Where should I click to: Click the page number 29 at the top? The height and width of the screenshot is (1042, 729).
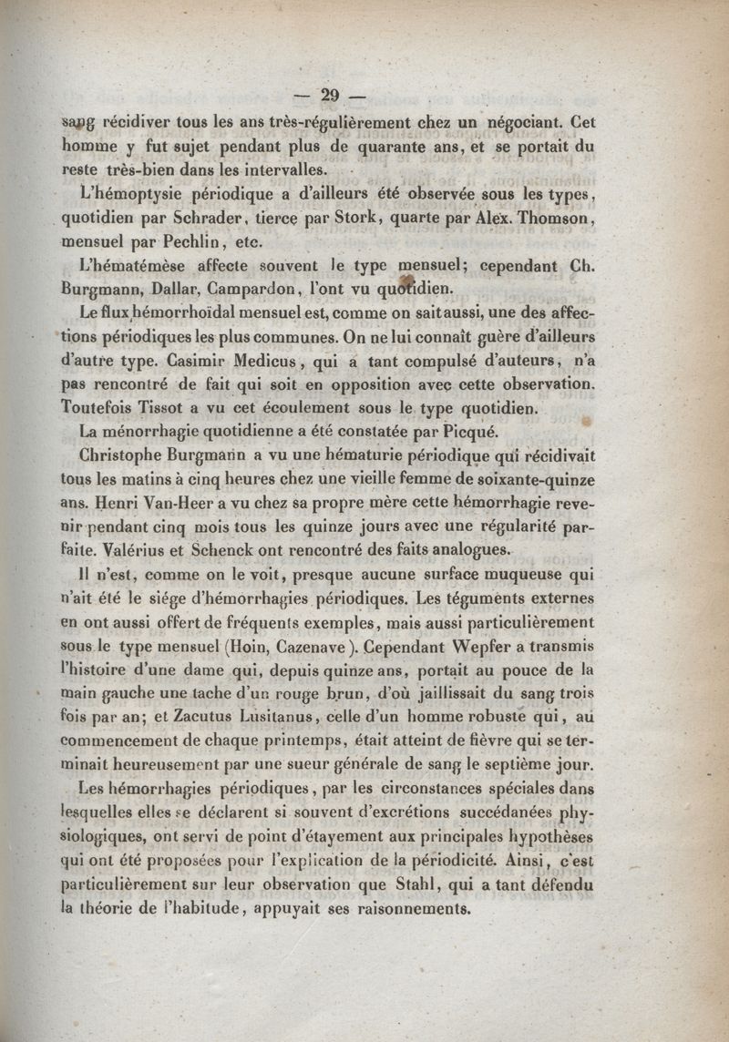pyautogui.click(x=331, y=94)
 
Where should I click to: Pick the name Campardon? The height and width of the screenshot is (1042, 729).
pyautogui.click(x=259, y=291)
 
